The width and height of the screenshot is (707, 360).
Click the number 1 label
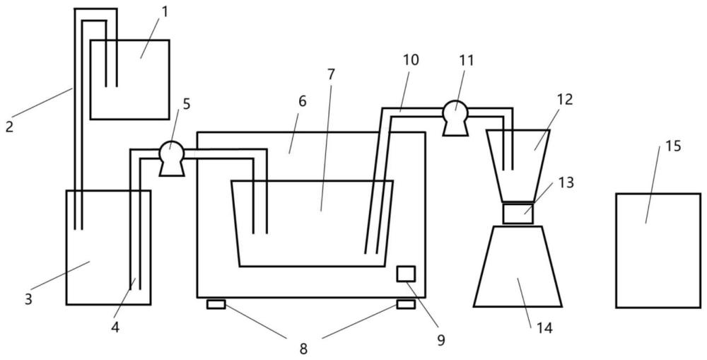tap(165, 12)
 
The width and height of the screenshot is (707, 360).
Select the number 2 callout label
tap(9, 127)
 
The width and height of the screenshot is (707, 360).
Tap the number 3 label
tap(28, 300)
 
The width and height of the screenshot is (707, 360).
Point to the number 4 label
tap(115, 327)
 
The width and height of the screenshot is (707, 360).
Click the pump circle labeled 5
tap(172, 152)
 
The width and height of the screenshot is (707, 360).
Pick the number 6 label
tap(302, 102)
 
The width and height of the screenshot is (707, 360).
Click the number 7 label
tap(332, 75)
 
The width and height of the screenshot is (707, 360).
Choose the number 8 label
tap(304, 349)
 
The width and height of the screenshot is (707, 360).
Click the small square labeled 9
tap(406, 274)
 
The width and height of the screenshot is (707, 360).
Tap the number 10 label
tap(410, 59)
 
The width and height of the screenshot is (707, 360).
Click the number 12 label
tap(564, 99)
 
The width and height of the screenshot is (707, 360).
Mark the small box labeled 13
tap(518, 214)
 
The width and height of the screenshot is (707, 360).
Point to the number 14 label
tap(544, 328)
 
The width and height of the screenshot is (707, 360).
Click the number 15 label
tap(673, 146)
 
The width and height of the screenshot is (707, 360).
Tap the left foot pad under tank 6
tap(216, 305)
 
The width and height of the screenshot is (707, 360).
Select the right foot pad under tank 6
tap(406, 305)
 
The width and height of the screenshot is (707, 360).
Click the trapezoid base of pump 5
tap(172, 169)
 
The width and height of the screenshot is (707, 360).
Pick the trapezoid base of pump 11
tap(455, 129)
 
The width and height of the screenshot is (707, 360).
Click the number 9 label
tap(441, 340)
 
